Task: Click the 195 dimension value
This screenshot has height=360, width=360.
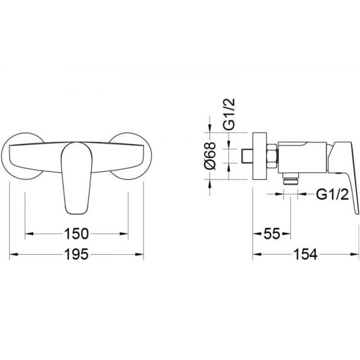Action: [x=76, y=254]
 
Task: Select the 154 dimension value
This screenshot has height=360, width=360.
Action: [x=306, y=254]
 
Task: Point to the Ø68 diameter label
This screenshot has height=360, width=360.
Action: [x=210, y=156]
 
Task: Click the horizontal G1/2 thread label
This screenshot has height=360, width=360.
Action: [x=333, y=194]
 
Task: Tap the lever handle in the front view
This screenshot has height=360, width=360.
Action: [x=76, y=178]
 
